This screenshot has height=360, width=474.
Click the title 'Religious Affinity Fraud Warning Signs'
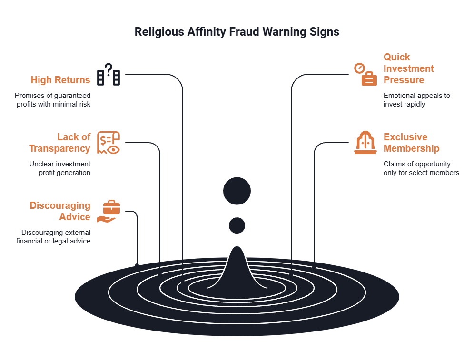tap(237, 32)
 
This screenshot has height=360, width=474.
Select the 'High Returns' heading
tap(60, 80)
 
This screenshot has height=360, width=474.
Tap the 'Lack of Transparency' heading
tap(60, 143)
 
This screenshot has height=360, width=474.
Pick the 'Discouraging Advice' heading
tap(60, 211)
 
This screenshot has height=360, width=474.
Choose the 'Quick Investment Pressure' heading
tap(408, 68)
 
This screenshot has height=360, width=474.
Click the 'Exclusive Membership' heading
tap(411, 143)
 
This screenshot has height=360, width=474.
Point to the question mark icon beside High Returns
tap(109, 74)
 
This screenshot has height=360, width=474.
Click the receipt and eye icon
tap(109, 143)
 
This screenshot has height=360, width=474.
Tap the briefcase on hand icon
tap(109, 212)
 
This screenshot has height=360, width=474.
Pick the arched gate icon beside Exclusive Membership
tap(365, 143)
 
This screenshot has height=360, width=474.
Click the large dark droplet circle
tap(237, 191)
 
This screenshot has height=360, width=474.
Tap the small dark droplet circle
tap(237, 225)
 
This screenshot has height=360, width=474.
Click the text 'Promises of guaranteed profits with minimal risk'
tap(52, 99)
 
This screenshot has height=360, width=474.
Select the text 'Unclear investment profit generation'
tap(60, 168)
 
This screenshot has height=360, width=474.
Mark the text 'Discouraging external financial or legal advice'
tap(56, 237)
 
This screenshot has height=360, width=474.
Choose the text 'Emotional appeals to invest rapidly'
tap(416, 99)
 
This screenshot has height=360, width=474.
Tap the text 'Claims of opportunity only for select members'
tap(421, 168)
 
